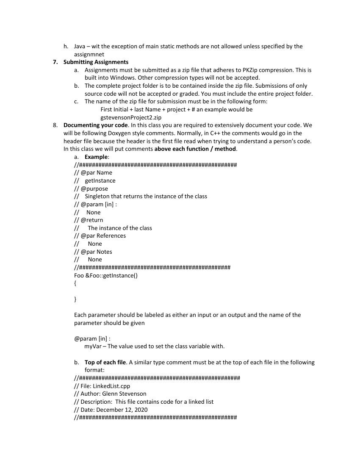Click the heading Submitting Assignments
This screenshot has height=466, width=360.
point(96,62)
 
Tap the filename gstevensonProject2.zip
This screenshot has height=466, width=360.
point(131,117)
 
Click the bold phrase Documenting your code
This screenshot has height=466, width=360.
point(95,125)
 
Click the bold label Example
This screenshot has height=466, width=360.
point(96,157)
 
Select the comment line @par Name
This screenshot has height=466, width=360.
point(93,172)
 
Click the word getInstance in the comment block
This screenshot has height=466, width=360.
point(100,180)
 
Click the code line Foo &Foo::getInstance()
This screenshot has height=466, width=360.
point(106,275)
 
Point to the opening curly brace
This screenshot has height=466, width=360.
point(75,283)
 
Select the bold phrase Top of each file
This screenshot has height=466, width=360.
point(105,362)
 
